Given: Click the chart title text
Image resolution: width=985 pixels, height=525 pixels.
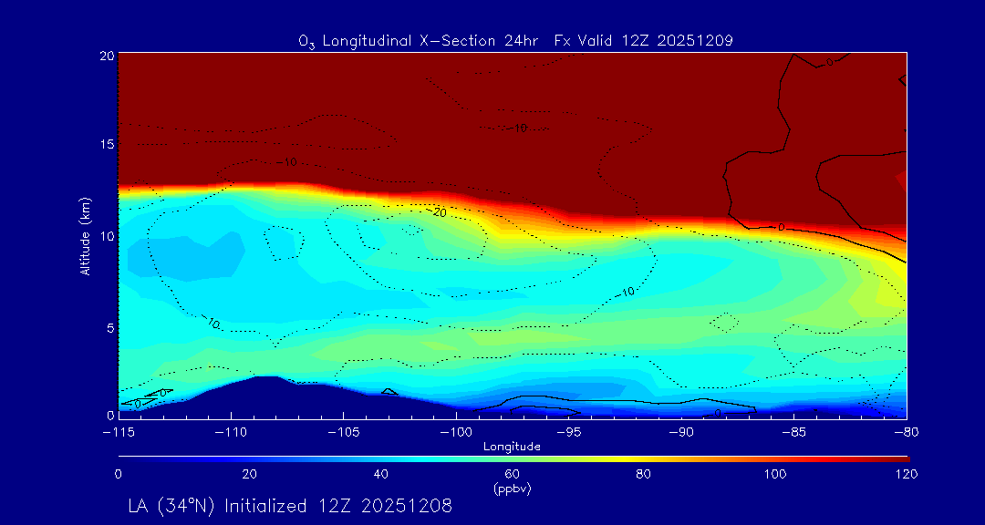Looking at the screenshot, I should pyautogui.click(x=515, y=40).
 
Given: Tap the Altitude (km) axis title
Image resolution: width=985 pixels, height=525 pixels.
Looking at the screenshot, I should pyautogui.click(x=85, y=234).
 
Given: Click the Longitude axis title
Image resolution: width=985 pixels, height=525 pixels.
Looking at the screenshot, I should pyautogui.click(x=512, y=447).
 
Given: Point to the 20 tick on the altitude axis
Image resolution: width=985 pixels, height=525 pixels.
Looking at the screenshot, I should pyautogui.click(x=106, y=56).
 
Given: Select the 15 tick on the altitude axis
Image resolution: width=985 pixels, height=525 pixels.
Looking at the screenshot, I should pyautogui.click(x=106, y=145).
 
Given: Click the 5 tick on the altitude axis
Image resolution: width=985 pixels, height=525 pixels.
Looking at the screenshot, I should pyautogui.click(x=109, y=326).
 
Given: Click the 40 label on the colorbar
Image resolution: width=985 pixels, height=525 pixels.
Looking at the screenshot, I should pyautogui.click(x=381, y=474).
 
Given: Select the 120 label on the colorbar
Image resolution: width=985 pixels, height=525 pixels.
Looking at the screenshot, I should pyautogui.click(x=907, y=474).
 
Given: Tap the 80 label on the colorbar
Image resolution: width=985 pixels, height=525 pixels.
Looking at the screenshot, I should pyautogui.click(x=644, y=474).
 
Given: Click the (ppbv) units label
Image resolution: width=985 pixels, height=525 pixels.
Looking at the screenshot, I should pyautogui.click(x=512, y=488).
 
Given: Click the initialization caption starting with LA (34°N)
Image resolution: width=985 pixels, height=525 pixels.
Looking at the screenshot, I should pyautogui.click(x=291, y=505).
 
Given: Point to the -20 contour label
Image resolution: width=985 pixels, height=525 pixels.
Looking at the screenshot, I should pyautogui.click(x=439, y=212).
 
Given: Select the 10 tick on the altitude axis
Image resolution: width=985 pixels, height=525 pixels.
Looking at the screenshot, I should pyautogui.click(x=106, y=236).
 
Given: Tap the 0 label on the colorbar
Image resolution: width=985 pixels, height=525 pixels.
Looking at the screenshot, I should pyautogui.click(x=119, y=474).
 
